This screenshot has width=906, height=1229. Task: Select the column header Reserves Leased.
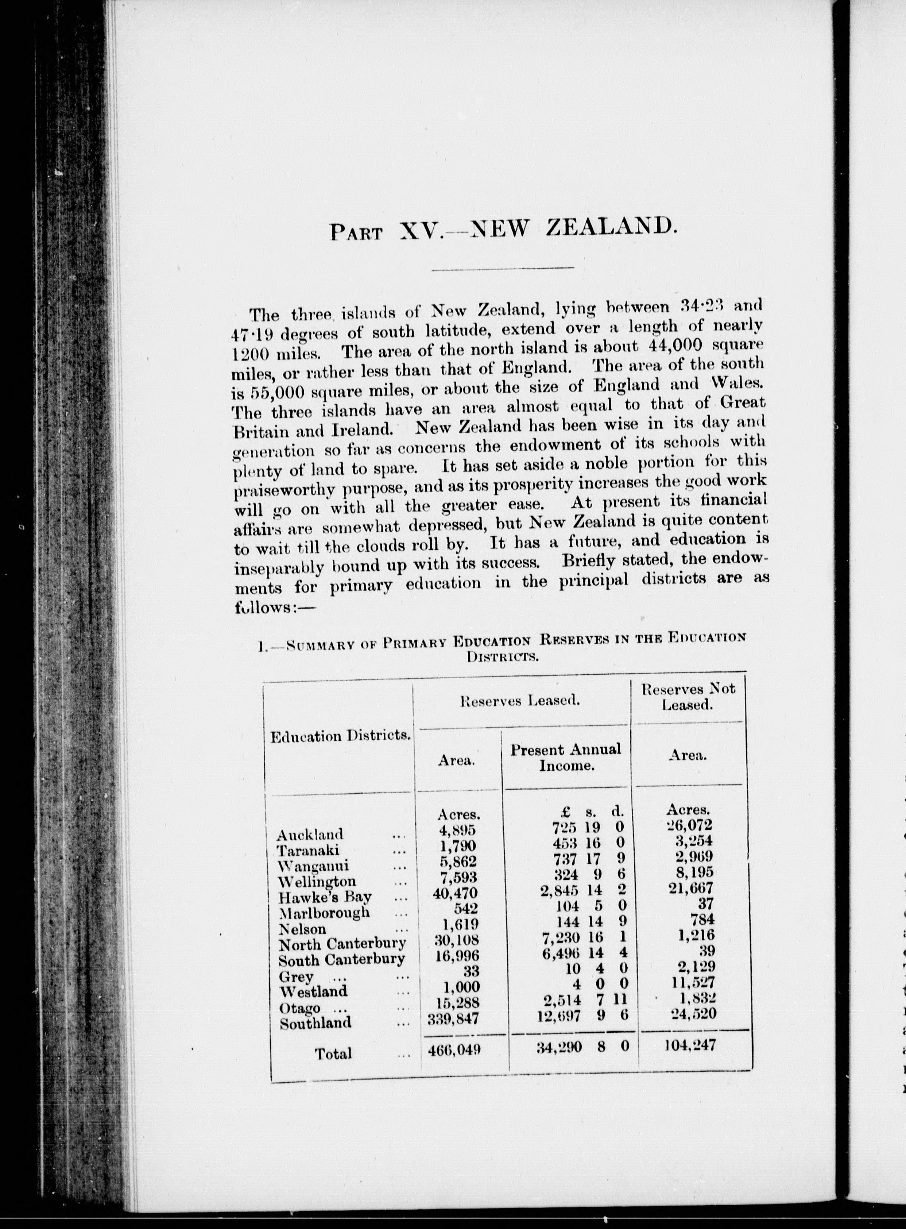(520, 701)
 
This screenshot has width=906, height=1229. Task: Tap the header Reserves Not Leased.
(688, 697)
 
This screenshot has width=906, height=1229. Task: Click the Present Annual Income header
(565, 757)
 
